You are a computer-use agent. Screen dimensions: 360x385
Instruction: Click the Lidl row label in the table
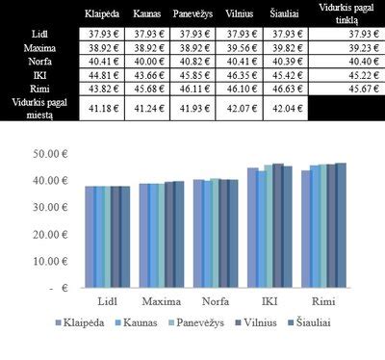tap(30, 35)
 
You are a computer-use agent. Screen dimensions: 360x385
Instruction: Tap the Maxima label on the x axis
tap(146, 301)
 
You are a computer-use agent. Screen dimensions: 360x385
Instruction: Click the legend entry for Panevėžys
tap(198, 323)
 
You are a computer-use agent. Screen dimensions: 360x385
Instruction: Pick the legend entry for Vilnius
tap(269, 323)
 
